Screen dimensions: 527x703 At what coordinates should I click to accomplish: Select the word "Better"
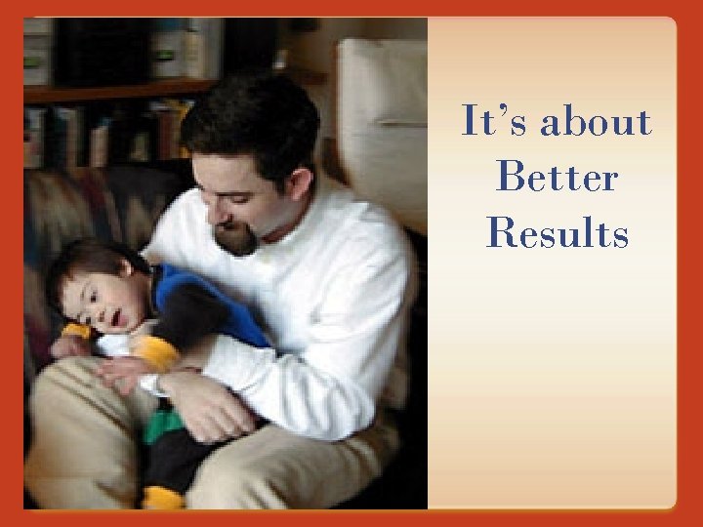click(557, 178)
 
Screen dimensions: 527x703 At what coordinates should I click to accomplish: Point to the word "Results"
click(557, 233)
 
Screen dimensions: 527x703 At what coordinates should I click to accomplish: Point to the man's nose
click(216, 207)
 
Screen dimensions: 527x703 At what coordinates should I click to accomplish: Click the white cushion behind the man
click(381, 127)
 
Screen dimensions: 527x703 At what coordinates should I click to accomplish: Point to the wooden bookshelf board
click(107, 92)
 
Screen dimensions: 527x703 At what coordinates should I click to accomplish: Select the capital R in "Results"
click(502, 233)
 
